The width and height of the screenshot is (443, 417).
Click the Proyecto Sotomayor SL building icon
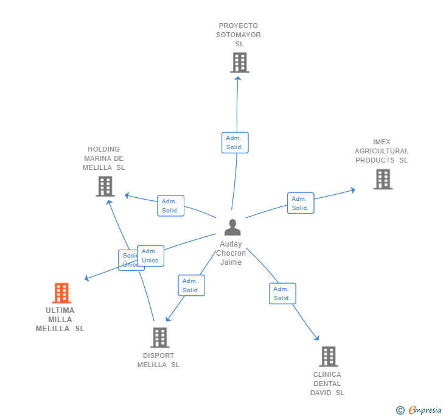[240, 62]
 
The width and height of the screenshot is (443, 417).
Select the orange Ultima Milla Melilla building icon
[61, 293]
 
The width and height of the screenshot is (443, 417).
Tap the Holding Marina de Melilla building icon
[105, 186]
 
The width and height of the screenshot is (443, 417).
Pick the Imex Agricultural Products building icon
[383, 179]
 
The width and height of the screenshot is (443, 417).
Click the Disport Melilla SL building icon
[159, 337]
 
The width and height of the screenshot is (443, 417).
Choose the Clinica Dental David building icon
[328, 356]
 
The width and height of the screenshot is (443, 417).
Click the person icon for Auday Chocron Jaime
[232, 227]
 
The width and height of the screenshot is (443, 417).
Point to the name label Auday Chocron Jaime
[231, 253]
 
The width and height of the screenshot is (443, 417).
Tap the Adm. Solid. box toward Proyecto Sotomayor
[235, 142]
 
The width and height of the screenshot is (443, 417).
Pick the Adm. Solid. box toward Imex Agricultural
[301, 203]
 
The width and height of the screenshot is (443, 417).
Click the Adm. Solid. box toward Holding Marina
[170, 206]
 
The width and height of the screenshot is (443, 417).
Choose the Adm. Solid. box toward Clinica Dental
[282, 293]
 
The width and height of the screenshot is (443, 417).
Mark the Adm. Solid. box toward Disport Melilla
[191, 286]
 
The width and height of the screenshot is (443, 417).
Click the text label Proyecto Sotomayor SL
[239, 35]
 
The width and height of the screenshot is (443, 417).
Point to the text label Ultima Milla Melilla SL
[60, 320]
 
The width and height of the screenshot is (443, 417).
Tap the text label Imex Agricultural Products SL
[382, 151]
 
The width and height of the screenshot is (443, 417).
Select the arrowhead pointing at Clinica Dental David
[317, 338]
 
